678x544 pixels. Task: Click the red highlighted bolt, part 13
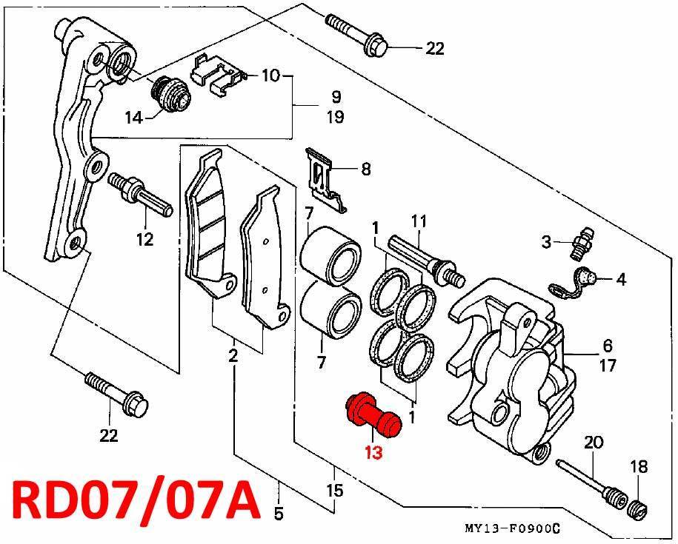pyautogui.click(x=374, y=414)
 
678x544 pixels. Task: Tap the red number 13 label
pyautogui.click(x=373, y=453)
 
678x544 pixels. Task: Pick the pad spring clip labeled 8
pyautogui.click(x=325, y=180)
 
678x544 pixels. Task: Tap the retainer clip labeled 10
pyautogui.click(x=219, y=75)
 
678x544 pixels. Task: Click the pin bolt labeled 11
pyautogui.click(x=426, y=260)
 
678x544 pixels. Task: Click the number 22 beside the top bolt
pyautogui.click(x=434, y=48)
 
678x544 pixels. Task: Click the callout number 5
pyautogui.click(x=279, y=514)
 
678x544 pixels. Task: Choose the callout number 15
pyautogui.click(x=335, y=491)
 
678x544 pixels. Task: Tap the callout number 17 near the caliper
pyautogui.click(x=608, y=366)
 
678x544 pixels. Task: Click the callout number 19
pyautogui.click(x=336, y=117)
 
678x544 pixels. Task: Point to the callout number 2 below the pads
pyautogui.click(x=233, y=356)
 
